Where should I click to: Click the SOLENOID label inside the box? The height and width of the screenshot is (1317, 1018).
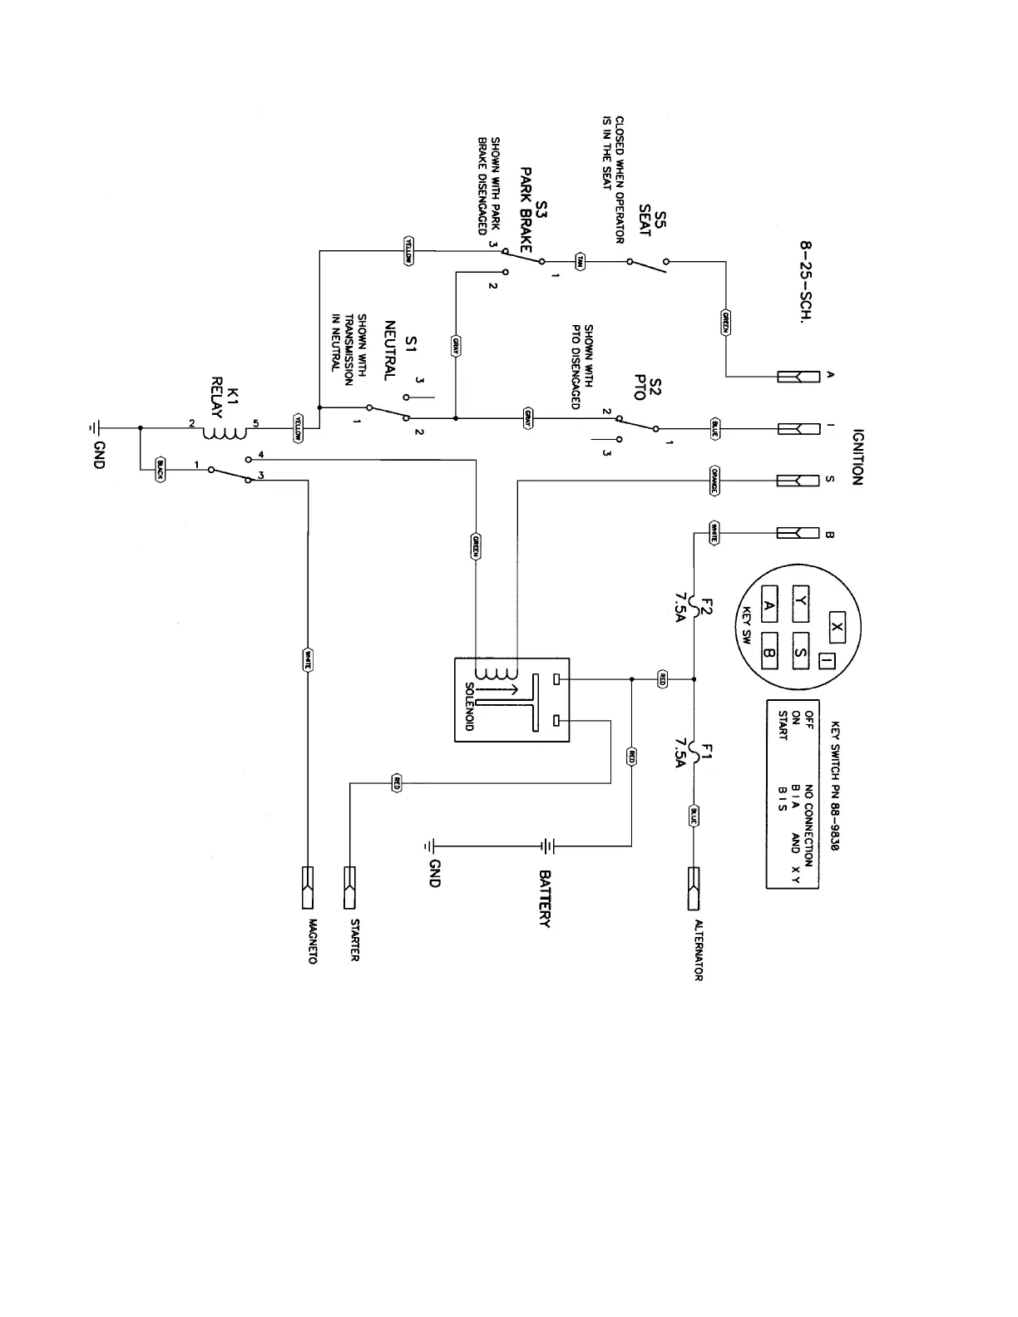coord(470,707)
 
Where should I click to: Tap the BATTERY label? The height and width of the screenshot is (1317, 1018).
coord(546,899)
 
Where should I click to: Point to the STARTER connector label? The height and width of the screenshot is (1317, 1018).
coord(354,939)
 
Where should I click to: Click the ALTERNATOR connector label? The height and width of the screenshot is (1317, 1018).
coord(697,950)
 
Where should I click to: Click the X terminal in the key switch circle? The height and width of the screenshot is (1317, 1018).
coord(837,629)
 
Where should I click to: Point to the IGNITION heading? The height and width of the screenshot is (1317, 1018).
coord(858,457)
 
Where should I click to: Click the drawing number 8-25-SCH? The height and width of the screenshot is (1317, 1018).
coord(805,283)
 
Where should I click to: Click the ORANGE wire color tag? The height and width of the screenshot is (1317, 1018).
coord(714,481)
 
